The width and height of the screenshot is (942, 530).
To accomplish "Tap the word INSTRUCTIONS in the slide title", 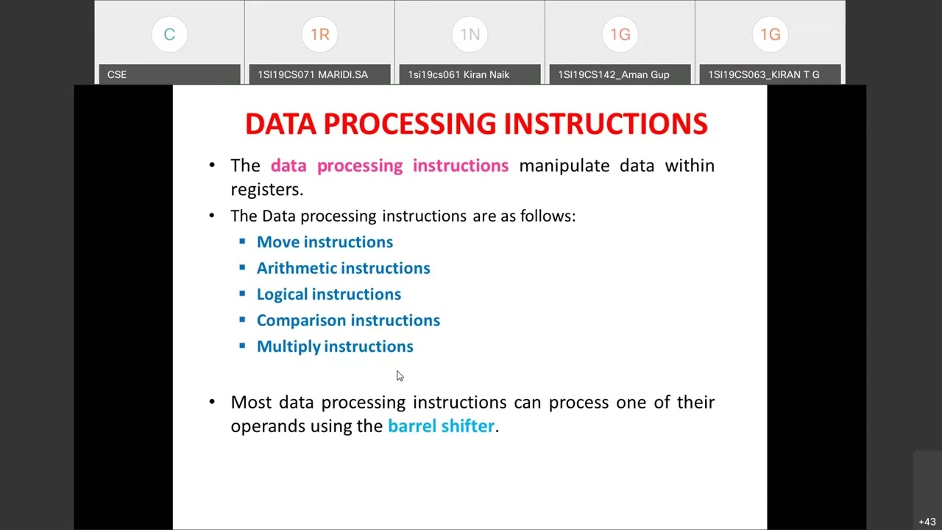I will click(x=605, y=124).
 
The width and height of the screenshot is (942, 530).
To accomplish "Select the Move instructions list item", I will click(x=325, y=242).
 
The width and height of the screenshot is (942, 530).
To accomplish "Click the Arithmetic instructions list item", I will click(x=343, y=268).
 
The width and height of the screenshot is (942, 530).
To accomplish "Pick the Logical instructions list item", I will click(x=328, y=294).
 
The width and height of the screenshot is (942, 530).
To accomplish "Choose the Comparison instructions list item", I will click(x=348, y=320).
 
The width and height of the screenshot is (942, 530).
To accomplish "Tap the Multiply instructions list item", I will click(x=335, y=347).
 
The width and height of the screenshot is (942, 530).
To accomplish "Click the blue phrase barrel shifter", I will click(x=441, y=426).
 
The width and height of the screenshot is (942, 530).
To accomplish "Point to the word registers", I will click(x=266, y=189).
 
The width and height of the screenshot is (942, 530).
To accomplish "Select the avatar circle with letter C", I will click(x=169, y=35).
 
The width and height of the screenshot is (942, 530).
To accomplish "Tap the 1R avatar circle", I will click(x=319, y=35).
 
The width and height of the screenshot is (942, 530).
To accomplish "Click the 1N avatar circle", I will click(x=470, y=35).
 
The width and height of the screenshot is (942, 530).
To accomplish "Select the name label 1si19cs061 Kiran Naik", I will click(x=458, y=74).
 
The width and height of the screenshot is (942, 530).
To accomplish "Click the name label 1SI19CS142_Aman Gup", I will click(x=613, y=74).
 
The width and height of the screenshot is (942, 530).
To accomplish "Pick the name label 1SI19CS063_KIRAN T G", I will click(x=763, y=74).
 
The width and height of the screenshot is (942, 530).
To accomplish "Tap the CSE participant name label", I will click(x=117, y=74).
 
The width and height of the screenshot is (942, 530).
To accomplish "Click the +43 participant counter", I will click(x=927, y=522).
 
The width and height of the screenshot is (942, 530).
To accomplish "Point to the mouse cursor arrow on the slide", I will click(x=399, y=375).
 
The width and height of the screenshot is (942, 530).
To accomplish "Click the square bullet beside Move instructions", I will click(x=242, y=241).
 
